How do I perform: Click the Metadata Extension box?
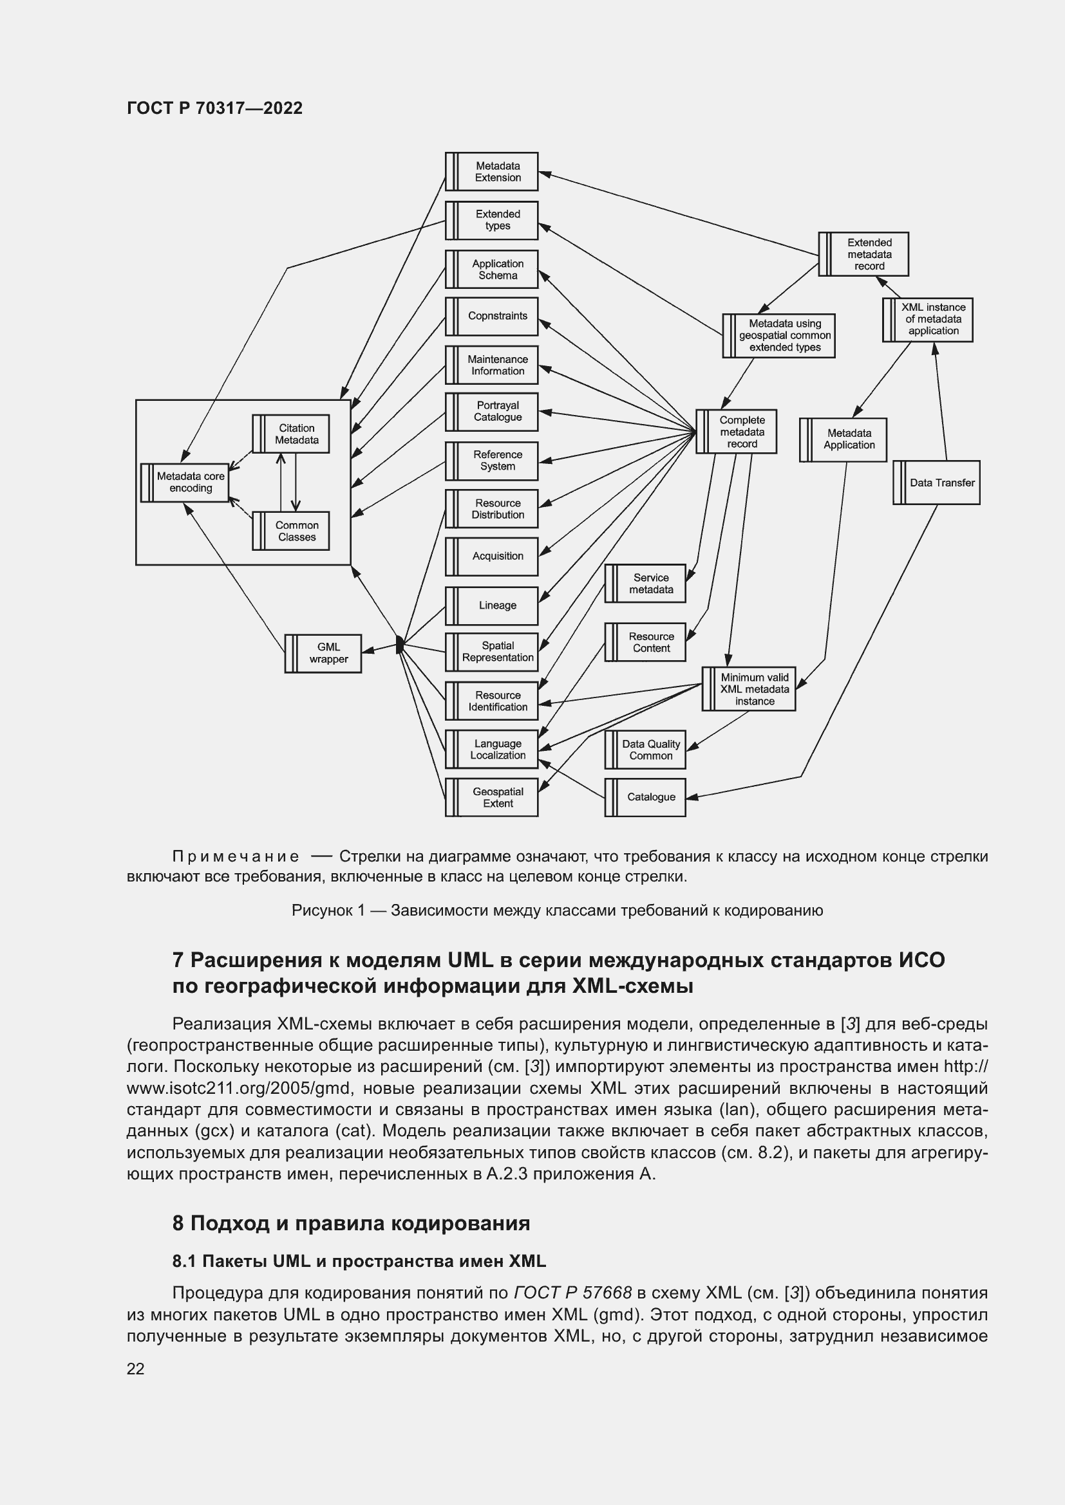492,172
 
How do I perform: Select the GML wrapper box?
323,653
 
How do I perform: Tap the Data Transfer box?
936,483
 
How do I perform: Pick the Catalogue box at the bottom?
645,797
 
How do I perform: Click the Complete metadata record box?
736,431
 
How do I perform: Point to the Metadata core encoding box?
185,483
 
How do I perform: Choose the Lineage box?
492,605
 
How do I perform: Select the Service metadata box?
645,584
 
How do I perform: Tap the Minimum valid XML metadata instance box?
748,689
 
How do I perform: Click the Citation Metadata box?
290,434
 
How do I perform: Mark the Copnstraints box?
492,316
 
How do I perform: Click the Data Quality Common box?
645,750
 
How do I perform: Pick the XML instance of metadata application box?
927,319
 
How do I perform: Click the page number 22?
136,1369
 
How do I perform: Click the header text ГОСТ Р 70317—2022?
214,108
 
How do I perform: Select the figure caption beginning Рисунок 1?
557,910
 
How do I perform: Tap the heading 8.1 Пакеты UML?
359,1261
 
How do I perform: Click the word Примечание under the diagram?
236,856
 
